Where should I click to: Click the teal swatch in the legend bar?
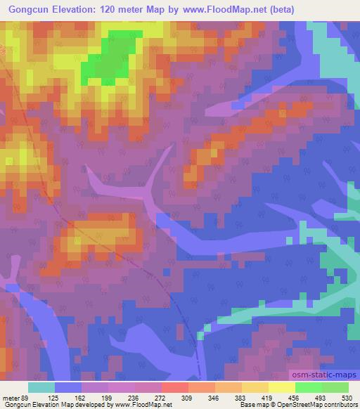coord(41,387)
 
